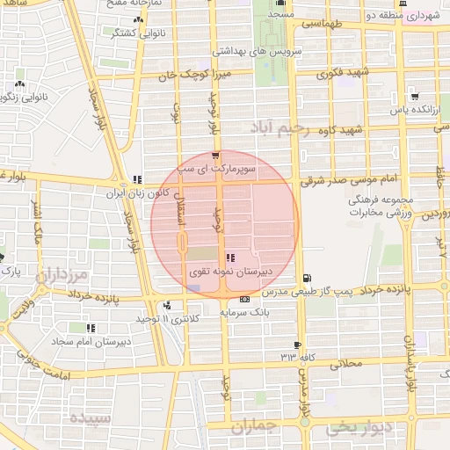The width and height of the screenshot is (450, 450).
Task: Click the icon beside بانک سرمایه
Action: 244,300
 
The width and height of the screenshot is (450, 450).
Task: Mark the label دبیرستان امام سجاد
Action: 92,339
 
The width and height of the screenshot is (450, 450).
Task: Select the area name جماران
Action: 256,427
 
